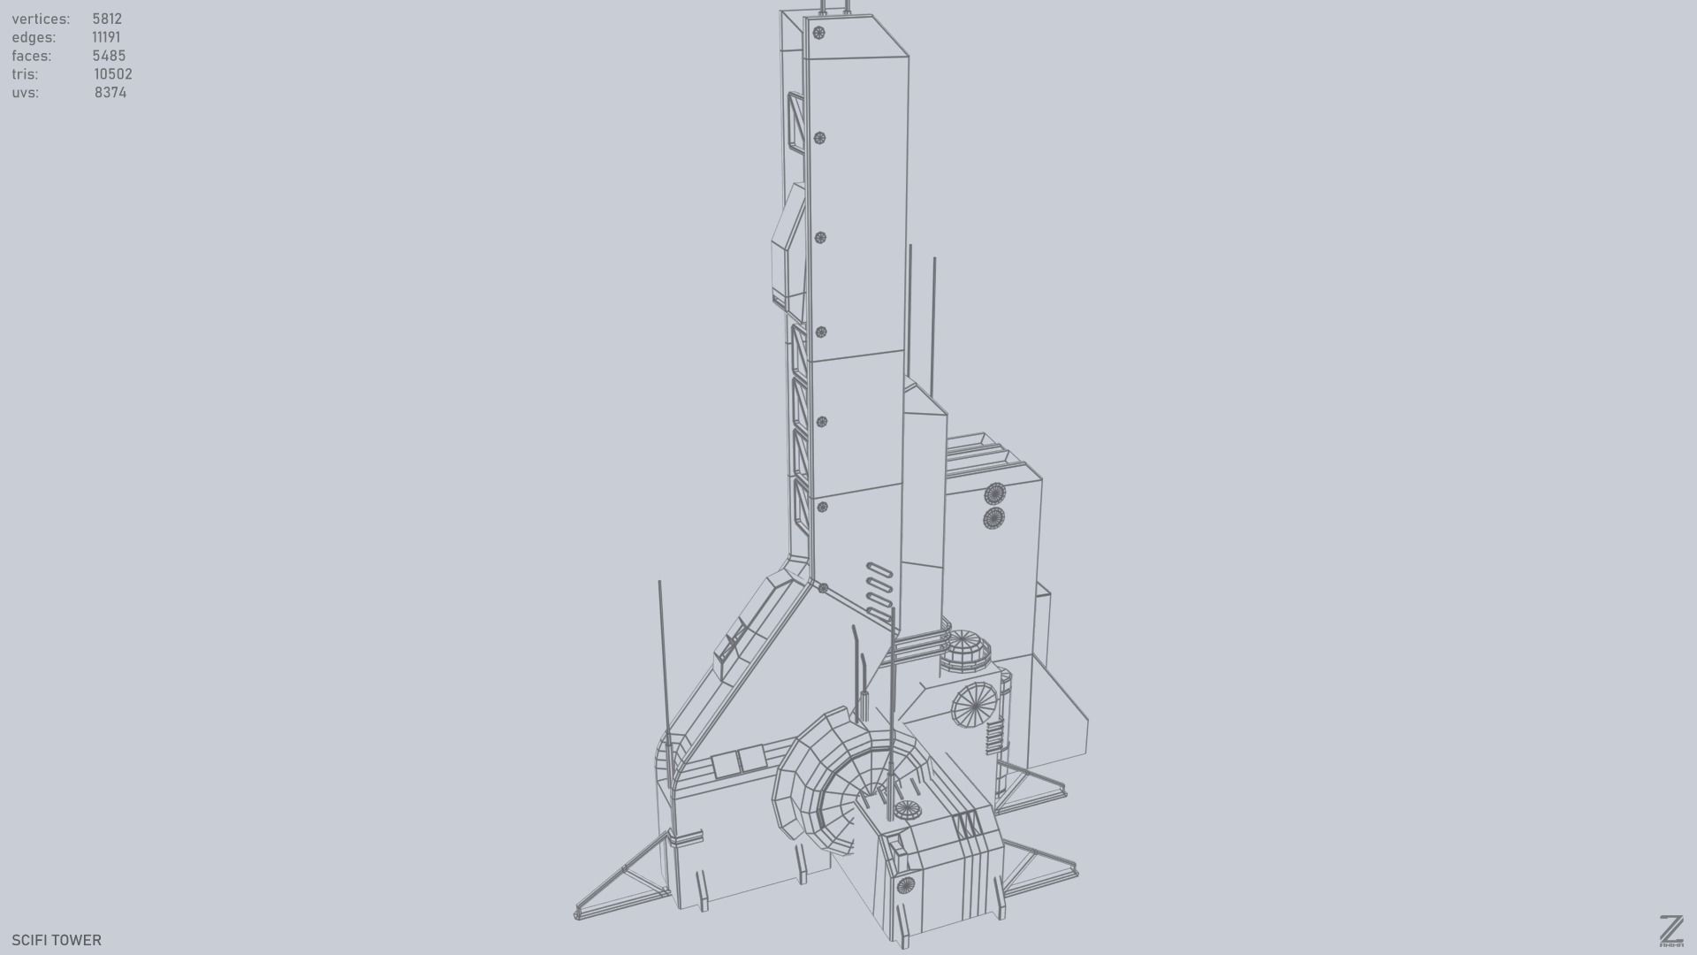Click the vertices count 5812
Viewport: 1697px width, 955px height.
click(x=107, y=19)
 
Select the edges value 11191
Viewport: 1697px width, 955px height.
click(x=106, y=37)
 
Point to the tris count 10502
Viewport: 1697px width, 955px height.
click(x=112, y=74)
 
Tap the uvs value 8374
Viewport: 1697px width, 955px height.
click(x=110, y=93)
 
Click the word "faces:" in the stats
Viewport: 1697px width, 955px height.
click(x=32, y=56)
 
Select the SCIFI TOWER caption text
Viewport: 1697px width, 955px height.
click(x=57, y=940)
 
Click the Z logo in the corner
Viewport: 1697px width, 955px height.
click(x=1670, y=931)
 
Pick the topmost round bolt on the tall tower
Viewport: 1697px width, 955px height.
click(x=818, y=33)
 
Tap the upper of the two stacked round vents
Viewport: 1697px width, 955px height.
click(x=995, y=493)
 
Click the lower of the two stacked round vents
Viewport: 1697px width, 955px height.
click(x=993, y=518)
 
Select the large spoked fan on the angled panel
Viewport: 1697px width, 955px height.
click(x=974, y=706)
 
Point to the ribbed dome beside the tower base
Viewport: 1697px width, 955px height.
click(x=965, y=649)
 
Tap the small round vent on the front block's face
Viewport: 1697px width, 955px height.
click(x=905, y=885)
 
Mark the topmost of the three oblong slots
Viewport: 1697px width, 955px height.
click(x=879, y=571)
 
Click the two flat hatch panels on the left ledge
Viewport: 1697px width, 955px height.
click(x=738, y=761)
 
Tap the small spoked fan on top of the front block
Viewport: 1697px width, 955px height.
click(x=907, y=809)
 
